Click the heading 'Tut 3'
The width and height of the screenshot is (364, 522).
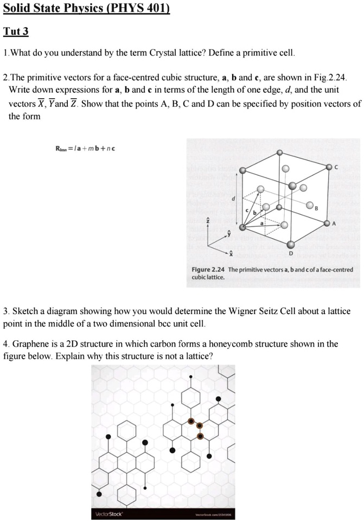click(x=16, y=31)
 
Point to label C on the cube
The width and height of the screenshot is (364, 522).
click(x=336, y=168)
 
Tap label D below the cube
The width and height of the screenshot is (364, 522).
click(x=291, y=254)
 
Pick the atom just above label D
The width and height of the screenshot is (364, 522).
click(x=291, y=245)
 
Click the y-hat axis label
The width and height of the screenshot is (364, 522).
click(x=229, y=233)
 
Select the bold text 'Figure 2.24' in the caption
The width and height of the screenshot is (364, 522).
click(x=208, y=270)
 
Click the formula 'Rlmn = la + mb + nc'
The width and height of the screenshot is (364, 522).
click(x=85, y=148)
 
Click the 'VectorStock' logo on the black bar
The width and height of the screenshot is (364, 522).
click(x=109, y=514)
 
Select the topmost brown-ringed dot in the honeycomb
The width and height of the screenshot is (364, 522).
click(x=190, y=421)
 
